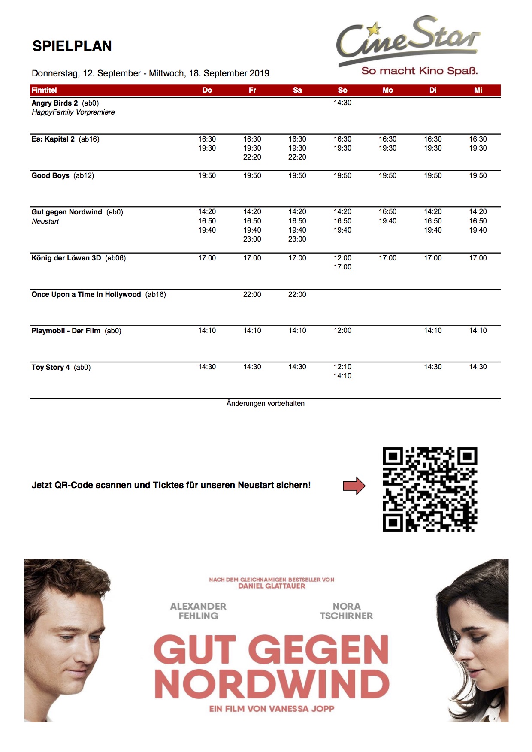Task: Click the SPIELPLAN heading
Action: tap(72, 46)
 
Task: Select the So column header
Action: tap(342, 90)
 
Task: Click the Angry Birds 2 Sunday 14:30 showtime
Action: tap(342, 103)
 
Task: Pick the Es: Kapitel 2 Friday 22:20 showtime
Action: tap(252, 157)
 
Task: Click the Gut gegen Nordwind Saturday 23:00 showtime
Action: tap(297, 239)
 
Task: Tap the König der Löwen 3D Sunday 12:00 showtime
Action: tap(342, 258)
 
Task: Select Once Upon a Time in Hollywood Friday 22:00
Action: tap(252, 295)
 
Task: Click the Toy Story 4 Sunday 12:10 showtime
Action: tap(342, 367)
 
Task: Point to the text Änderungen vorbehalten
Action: tap(265, 404)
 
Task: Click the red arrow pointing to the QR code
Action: tap(354, 486)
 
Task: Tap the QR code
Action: tap(429, 489)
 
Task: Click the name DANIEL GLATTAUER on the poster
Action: tap(272, 586)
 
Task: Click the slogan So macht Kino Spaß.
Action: tap(419, 71)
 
